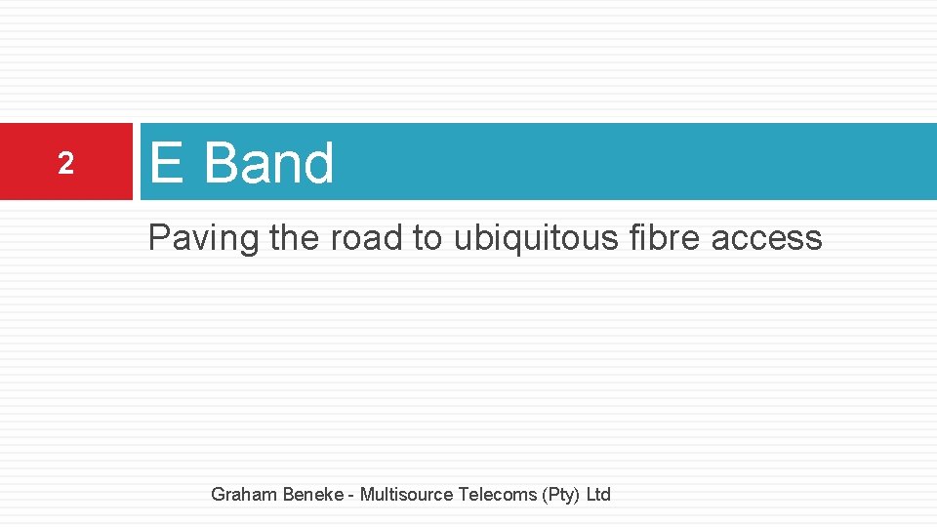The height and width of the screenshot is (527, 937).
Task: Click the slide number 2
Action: tap(65, 164)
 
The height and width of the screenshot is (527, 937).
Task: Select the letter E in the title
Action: tap(166, 162)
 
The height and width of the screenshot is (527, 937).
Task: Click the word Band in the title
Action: tap(268, 162)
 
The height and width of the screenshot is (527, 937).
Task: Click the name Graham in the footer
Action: tap(244, 495)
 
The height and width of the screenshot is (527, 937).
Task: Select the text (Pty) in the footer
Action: tap(561, 495)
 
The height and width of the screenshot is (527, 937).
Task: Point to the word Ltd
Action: tap(598, 495)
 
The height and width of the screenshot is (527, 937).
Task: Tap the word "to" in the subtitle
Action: tap(428, 237)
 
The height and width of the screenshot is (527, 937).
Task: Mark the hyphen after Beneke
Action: tap(350, 496)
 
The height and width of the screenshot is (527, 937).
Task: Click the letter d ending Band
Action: tap(318, 162)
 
